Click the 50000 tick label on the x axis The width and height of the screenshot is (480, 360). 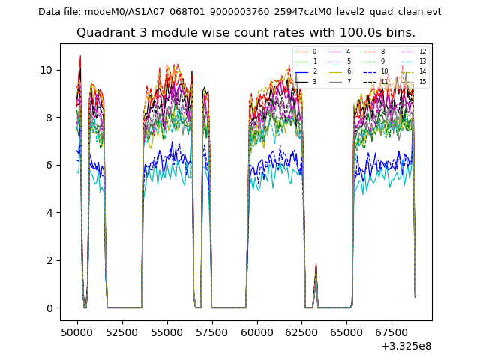(x=77, y=331)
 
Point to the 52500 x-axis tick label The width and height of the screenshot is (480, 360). (x=122, y=331)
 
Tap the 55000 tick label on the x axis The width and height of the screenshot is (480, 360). (x=167, y=331)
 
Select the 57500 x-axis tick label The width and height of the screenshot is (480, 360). (x=212, y=331)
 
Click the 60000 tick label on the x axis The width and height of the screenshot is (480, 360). (x=257, y=331)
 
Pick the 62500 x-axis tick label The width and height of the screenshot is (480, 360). (x=302, y=331)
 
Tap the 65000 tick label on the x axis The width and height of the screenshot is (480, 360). (x=347, y=331)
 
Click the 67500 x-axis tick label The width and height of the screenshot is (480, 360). (x=392, y=331)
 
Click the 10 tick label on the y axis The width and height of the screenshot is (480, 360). (x=46, y=70)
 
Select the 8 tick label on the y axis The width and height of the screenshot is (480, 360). (x=49, y=118)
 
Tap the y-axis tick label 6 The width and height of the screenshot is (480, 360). (x=49, y=165)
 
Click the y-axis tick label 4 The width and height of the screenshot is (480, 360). (x=49, y=213)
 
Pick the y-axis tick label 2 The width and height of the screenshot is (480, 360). (x=49, y=260)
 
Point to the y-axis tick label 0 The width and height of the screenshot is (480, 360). (x=49, y=308)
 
